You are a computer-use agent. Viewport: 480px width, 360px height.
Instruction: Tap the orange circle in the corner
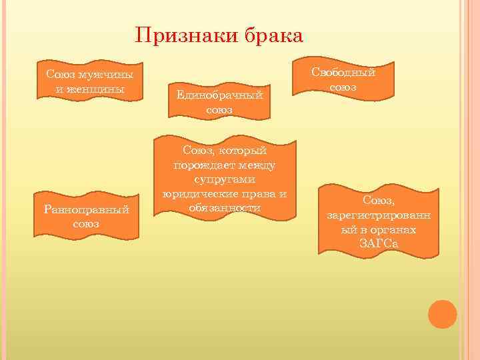(442, 314)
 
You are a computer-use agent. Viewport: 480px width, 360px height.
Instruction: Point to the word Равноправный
(86, 209)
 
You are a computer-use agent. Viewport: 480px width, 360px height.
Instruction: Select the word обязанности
(224, 208)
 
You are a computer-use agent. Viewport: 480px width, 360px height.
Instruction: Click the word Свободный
(343, 72)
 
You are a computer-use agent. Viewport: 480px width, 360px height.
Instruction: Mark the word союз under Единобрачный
(219, 109)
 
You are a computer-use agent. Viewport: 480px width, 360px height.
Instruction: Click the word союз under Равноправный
(86, 224)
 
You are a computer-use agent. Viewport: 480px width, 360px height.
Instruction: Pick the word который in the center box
(243, 151)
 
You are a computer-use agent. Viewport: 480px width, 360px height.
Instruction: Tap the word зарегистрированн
(379, 215)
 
